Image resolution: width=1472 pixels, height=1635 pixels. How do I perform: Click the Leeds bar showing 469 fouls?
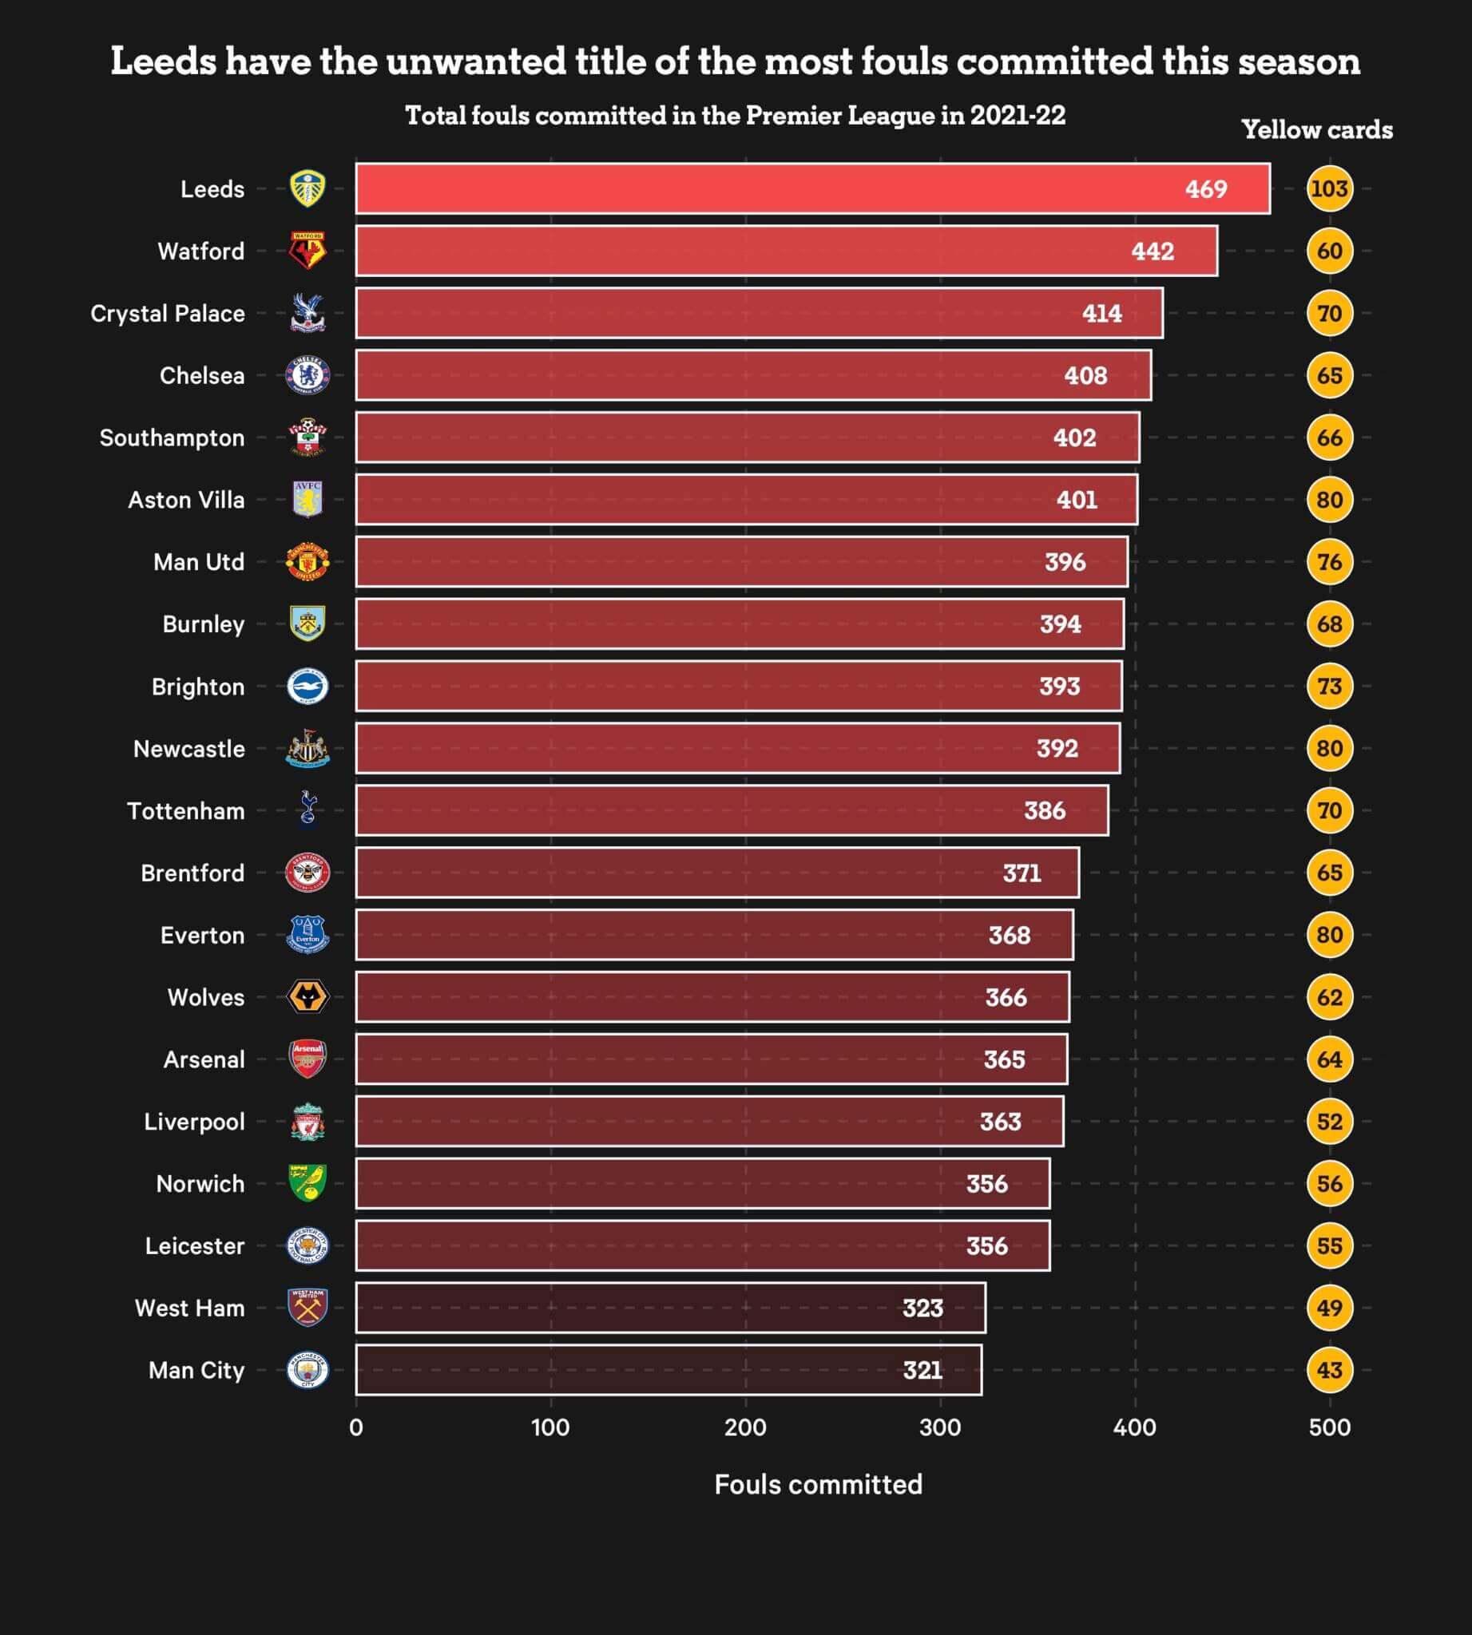pyautogui.click(x=812, y=188)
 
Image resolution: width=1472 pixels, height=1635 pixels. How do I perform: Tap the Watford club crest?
pyautogui.click(x=307, y=251)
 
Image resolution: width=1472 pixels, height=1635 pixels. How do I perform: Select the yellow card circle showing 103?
pyautogui.click(x=1329, y=188)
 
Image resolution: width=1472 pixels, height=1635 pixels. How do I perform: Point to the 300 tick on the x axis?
pyautogui.click(x=940, y=1427)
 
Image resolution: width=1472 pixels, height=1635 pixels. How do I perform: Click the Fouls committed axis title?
pyautogui.click(x=818, y=1484)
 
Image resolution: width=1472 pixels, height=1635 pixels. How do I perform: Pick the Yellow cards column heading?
pyautogui.click(x=1316, y=129)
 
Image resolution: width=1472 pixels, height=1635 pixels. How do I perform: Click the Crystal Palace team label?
pyautogui.click(x=168, y=313)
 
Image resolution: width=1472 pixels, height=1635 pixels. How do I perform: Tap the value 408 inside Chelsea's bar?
pyautogui.click(x=1085, y=375)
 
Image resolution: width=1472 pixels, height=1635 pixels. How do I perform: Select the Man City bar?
pyautogui.click(x=668, y=1370)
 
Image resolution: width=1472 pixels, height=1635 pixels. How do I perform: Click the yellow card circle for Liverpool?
pyautogui.click(x=1329, y=1122)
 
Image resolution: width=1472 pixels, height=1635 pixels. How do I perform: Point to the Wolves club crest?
pyautogui.click(x=307, y=997)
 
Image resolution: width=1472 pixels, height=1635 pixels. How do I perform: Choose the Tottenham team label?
pyautogui.click(x=185, y=810)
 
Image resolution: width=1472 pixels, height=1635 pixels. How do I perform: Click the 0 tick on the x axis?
pyautogui.click(x=356, y=1427)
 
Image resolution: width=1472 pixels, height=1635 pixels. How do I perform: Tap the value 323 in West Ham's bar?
pyautogui.click(x=922, y=1308)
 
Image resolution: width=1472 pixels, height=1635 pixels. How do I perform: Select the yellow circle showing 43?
pyautogui.click(x=1329, y=1370)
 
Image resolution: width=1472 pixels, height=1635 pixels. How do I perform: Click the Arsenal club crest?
pyautogui.click(x=307, y=1059)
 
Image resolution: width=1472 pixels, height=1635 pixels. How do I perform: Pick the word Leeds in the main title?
pyautogui.click(x=164, y=61)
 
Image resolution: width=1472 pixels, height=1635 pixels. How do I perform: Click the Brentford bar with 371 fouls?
pyautogui.click(x=716, y=873)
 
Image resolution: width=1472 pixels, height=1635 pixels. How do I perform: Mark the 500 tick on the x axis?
pyautogui.click(x=1329, y=1427)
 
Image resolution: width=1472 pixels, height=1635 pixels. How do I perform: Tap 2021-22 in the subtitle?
pyautogui.click(x=1017, y=116)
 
